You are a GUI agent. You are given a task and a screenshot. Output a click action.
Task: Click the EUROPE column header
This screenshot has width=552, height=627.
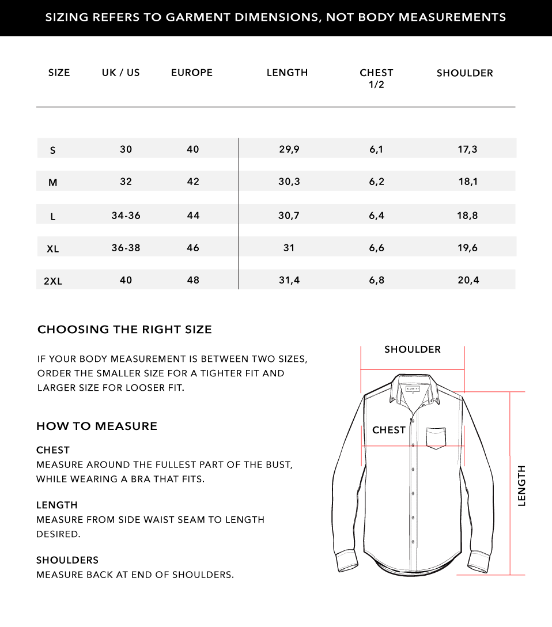[x=192, y=73]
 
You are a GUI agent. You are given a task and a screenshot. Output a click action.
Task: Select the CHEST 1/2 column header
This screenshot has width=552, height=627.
[x=376, y=78]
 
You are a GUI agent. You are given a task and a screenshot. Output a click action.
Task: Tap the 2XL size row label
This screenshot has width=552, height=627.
[x=53, y=281]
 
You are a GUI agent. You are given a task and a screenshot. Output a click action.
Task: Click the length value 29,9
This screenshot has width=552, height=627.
[x=289, y=149]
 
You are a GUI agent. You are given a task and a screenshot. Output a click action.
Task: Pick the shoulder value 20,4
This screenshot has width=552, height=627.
[x=468, y=280]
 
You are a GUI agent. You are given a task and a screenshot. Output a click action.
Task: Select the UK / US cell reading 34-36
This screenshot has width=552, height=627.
[x=126, y=216]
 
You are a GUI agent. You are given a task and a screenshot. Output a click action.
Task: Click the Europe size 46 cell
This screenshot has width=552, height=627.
[x=193, y=248]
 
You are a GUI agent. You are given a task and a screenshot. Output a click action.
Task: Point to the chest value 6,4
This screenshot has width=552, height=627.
[x=376, y=216]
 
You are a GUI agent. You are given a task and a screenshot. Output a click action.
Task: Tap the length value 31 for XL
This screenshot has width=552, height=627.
[x=289, y=248]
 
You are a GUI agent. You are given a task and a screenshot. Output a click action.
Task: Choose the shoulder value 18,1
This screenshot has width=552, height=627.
[x=468, y=182]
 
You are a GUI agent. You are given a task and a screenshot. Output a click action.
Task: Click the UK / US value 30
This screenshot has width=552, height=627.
[x=126, y=149]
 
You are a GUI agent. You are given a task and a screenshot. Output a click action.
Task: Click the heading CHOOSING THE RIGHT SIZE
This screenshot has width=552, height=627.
[x=124, y=330]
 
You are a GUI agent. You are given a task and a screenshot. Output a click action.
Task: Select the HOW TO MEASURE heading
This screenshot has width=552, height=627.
[x=97, y=426]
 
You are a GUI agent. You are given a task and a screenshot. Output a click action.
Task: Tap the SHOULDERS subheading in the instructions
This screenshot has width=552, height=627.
[x=67, y=560]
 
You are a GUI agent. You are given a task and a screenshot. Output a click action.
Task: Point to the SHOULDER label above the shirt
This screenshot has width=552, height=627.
[x=413, y=349]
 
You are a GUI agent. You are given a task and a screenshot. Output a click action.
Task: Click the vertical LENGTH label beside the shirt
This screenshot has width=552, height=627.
[x=522, y=486]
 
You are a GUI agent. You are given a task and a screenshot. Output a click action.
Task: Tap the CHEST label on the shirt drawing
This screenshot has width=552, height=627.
[x=389, y=430]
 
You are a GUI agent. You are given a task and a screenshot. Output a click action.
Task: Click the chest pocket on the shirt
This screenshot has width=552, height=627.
[x=436, y=437]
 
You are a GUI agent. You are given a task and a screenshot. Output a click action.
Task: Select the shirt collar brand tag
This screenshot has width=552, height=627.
[x=413, y=389]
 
